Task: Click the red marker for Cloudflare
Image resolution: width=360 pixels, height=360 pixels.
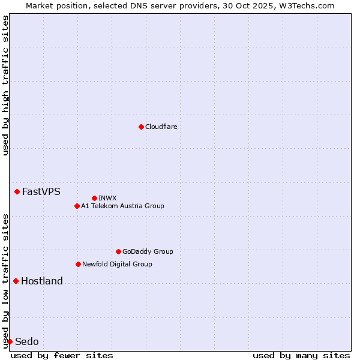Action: point(141,127)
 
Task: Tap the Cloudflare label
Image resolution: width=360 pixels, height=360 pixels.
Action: point(161,127)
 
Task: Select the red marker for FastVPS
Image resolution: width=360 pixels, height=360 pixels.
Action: point(17,191)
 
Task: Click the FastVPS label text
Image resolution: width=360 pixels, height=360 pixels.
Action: point(41,192)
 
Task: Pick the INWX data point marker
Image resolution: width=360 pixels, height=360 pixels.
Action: point(94,198)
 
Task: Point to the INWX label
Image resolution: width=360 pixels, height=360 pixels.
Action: point(107,198)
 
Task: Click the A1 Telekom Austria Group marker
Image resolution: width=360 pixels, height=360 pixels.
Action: point(77,206)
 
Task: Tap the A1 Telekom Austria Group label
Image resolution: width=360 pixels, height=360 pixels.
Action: point(122,206)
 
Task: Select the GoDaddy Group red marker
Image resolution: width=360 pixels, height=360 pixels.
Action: point(118,251)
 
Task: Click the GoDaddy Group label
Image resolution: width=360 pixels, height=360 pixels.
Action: point(147,251)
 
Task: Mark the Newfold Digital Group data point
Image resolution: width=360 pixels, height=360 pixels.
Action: point(78,264)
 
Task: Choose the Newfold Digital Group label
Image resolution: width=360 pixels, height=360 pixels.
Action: point(117,264)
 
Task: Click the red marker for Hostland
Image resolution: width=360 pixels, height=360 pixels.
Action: point(16,281)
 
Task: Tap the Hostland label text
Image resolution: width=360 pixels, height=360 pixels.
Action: point(41,281)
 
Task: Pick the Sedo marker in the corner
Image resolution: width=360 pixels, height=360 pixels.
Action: point(10,341)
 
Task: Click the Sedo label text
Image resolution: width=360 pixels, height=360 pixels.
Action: point(26,342)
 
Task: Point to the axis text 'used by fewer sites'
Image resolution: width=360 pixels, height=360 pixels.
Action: point(62,355)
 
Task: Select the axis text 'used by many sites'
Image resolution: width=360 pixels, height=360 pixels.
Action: point(301,355)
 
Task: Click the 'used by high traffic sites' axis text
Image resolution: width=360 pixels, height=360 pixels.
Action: point(5,85)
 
